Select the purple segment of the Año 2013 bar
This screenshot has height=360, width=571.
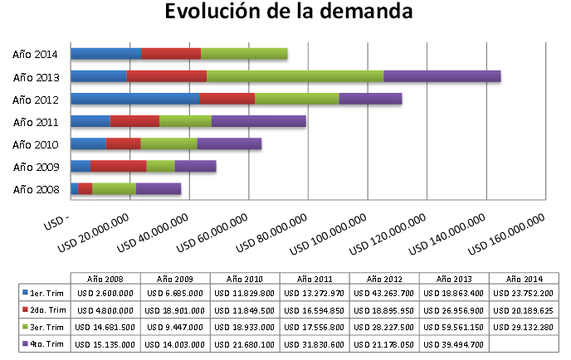click(x=442, y=76)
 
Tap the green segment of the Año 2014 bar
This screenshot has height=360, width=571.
click(x=244, y=54)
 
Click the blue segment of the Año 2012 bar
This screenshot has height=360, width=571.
click(x=134, y=99)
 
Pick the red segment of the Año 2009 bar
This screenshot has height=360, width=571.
click(x=119, y=166)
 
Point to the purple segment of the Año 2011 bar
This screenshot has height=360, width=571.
click(x=259, y=121)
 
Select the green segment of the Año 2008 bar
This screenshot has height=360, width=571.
click(x=115, y=188)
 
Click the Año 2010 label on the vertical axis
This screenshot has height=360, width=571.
click(x=36, y=144)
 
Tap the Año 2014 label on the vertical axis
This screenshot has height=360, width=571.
click(x=36, y=55)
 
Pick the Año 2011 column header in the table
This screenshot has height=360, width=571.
click(x=315, y=278)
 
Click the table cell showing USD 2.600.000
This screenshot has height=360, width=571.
click(x=105, y=292)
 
